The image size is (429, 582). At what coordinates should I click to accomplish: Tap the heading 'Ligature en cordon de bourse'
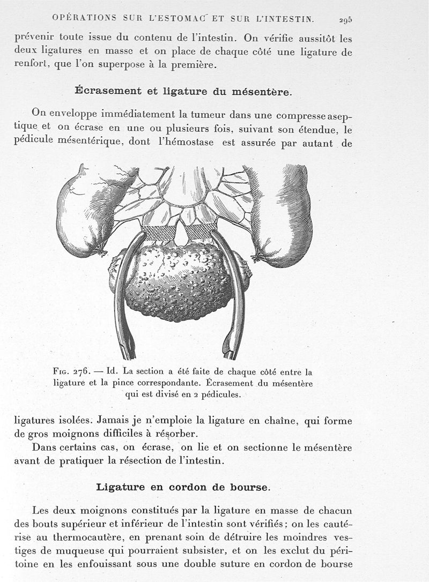(183, 487)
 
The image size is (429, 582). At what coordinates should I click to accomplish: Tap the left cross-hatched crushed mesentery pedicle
(158, 233)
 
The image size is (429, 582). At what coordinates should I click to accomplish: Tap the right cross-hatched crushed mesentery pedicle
(200, 232)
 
